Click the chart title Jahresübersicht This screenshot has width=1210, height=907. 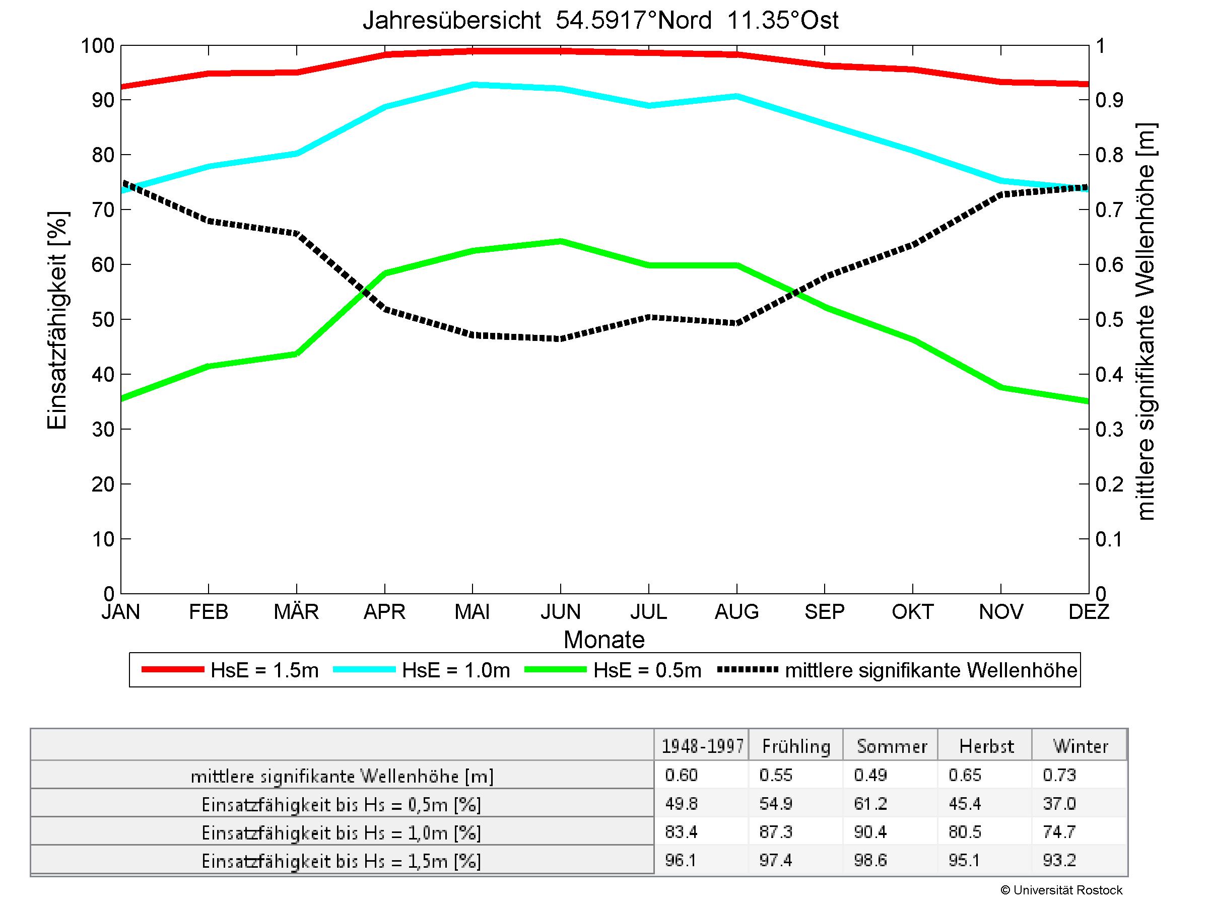pyautogui.click(x=600, y=21)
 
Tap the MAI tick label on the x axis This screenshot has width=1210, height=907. pyautogui.click(x=472, y=611)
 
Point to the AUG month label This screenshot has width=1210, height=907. pyautogui.click(x=736, y=611)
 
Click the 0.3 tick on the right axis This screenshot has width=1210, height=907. pyautogui.click(x=1109, y=430)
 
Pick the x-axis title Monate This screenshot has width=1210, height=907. pyautogui.click(x=604, y=640)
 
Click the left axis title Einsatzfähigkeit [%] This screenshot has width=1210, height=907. pyautogui.click(x=57, y=320)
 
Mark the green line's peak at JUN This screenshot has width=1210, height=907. pyautogui.click(x=561, y=241)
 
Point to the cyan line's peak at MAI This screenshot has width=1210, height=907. pyautogui.click(x=473, y=85)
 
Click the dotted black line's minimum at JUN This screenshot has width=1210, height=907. pyautogui.click(x=561, y=338)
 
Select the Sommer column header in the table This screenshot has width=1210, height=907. pyautogui.click(x=892, y=746)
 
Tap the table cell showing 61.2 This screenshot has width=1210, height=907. pyautogui.click(x=870, y=804)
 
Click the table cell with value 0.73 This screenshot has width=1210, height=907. pyautogui.click(x=1059, y=775)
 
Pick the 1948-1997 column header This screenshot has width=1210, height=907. pyautogui.click(x=702, y=746)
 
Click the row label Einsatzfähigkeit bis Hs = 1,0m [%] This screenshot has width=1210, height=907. pyautogui.click(x=342, y=832)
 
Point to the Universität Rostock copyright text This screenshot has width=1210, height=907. pyautogui.click(x=1061, y=890)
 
